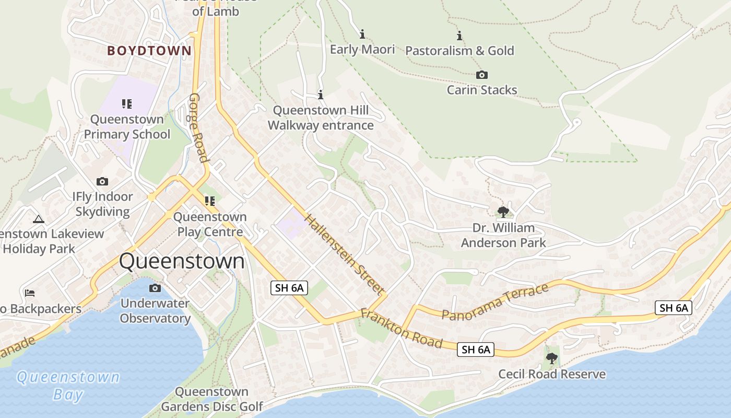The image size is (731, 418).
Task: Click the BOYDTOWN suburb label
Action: coord(149,51)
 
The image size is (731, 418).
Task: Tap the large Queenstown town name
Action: coord(182,261)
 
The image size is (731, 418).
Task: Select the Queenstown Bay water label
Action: coord(68,386)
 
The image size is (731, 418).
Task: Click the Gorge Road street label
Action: coord(198,128)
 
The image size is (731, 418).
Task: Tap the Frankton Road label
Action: coord(402,329)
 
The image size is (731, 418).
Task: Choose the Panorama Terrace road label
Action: coord(494,301)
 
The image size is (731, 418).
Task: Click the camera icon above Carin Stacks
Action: coord(481,75)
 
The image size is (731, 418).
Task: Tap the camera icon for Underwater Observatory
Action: coord(155,288)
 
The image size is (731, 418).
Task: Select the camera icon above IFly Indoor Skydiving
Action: coord(102,181)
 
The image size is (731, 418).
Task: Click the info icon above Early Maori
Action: coord(362,34)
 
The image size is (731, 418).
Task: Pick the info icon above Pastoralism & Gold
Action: coord(459,36)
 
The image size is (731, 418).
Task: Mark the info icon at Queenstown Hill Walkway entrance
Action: coord(321,95)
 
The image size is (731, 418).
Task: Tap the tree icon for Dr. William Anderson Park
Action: coord(503,212)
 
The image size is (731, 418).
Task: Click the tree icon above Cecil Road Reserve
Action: coord(552,358)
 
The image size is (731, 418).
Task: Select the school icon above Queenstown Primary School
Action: coord(127,103)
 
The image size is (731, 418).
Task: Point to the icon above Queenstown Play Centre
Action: coord(210,201)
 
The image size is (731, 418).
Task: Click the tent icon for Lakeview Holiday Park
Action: coord(38,219)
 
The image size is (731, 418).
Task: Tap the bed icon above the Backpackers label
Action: coord(30,293)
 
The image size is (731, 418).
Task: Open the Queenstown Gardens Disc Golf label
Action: coord(211,399)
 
